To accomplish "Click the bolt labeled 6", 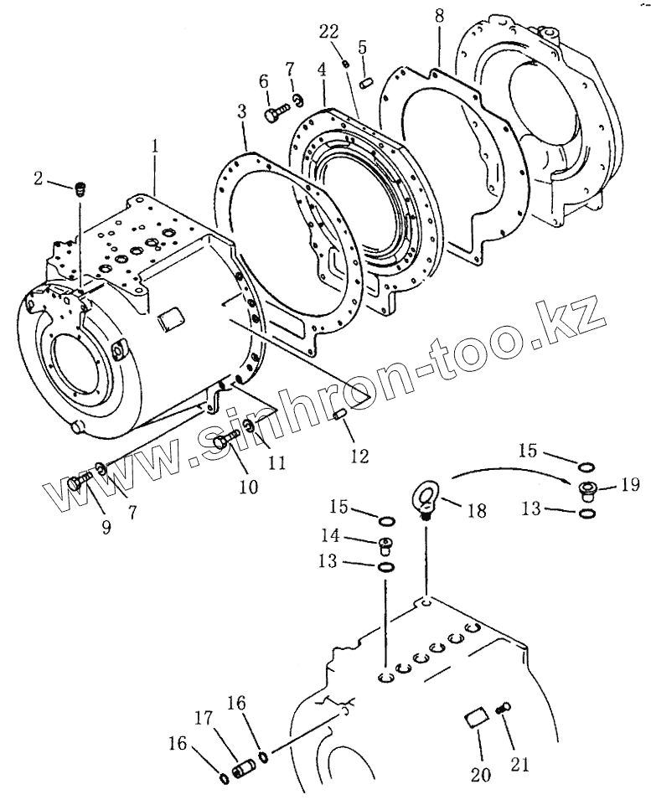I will coord(275,115).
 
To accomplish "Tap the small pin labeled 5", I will coord(364,82).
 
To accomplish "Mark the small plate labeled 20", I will coord(475,717).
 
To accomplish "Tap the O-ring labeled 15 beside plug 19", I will coord(588,466).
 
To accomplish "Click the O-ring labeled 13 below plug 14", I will coord(386,567).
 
